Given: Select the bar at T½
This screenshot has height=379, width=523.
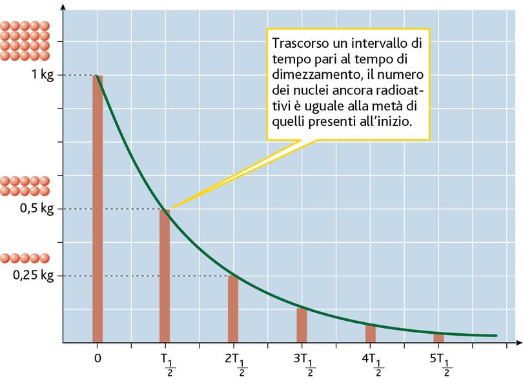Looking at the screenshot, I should coord(165,275).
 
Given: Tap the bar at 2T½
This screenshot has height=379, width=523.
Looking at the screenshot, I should coord(232,309).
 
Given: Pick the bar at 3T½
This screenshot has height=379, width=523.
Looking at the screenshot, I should coord(302,325).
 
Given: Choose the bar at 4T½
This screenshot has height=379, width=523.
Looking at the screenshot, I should coord(370,334).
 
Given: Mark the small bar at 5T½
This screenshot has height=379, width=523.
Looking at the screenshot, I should coord(438,338).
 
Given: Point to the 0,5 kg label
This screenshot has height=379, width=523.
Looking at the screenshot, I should coord(38,209).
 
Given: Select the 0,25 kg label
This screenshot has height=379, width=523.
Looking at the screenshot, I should coord(34,276).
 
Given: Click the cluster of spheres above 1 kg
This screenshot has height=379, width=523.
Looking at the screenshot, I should coord(23,41).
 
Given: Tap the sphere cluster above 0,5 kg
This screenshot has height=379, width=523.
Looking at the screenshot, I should coord(23,186).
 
